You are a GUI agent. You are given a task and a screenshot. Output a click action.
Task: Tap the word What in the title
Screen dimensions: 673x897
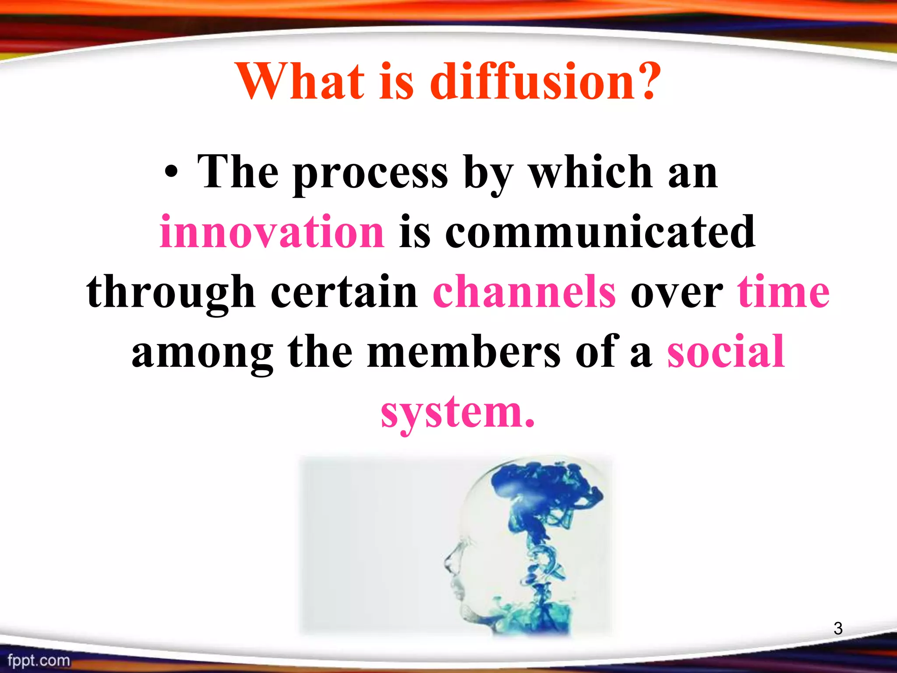tap(300, 81)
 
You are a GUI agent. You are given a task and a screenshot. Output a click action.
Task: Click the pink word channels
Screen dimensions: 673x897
tap(524, 292)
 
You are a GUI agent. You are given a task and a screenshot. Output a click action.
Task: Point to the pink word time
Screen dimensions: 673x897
tap(784, 292)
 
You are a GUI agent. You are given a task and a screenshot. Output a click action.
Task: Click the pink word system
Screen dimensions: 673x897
tap(457, 412)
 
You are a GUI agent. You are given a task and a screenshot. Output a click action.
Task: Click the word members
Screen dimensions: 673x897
tap(463, 351)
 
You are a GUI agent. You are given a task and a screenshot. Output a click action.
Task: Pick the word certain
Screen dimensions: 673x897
tap(344, 292)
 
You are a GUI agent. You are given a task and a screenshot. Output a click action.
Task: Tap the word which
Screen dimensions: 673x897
tap(591, 172)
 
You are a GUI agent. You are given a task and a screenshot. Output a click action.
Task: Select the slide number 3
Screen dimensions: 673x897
tap(838, 629)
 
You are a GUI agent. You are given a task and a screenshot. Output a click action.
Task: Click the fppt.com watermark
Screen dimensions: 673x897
tap(39, 660)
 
